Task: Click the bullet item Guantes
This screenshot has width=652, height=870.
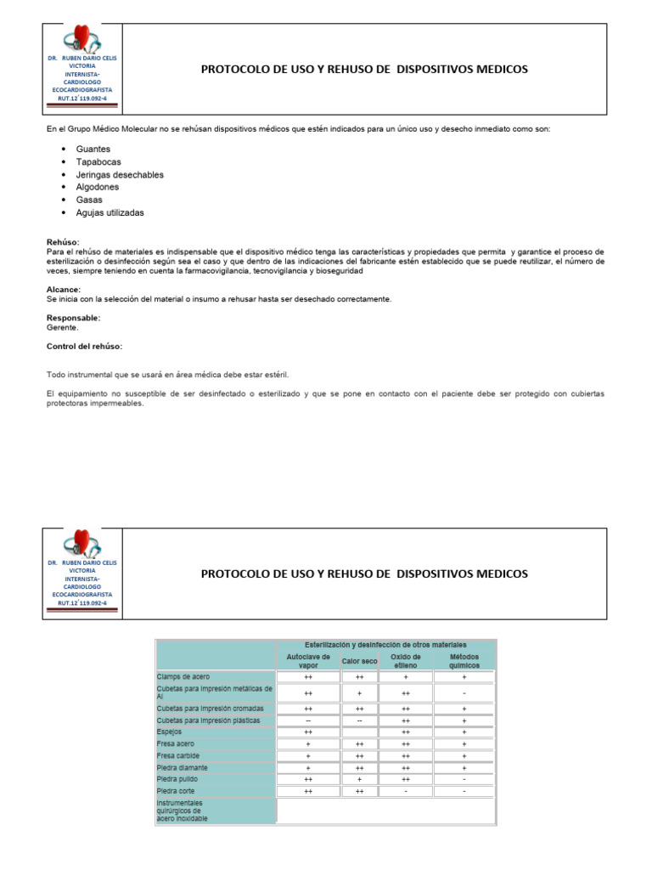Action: click(x=93, y=149)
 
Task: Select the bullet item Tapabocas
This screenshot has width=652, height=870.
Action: click(x=98, y=161)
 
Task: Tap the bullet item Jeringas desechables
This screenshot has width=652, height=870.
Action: click(x=120, y=174)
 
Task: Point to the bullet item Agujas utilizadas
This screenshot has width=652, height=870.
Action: click(x=110, y=212)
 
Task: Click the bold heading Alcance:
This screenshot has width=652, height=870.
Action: click(x=64, y=290)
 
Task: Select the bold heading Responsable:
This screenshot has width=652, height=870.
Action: click(x=73, y=318)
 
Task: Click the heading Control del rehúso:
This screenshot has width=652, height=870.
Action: click(x=84, y=346)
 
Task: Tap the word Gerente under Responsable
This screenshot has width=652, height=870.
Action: click(x=62, y=327)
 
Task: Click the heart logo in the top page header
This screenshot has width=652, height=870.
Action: click(x=81, y=39)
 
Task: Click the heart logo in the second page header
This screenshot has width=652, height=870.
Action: click(x=81, y=544)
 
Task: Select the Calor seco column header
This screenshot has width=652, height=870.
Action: click(x=359, y=661)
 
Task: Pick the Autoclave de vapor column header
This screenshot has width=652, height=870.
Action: click(x=308, y=661)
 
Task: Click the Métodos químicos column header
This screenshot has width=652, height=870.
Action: click(x=464, y=661)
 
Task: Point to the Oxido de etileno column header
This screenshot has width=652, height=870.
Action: click(x=406, y=661)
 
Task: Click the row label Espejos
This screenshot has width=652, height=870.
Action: click(x=170, y=731)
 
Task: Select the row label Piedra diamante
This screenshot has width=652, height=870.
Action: click(x=183, y=767)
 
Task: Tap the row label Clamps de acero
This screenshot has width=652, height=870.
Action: click(x=183, y=677)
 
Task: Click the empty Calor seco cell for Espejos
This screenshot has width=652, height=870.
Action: click(x=359, y=731)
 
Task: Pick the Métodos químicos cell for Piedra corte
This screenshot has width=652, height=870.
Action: click(x=464, y=791)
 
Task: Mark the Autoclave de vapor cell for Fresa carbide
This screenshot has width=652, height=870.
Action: click(x=308, y=755)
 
